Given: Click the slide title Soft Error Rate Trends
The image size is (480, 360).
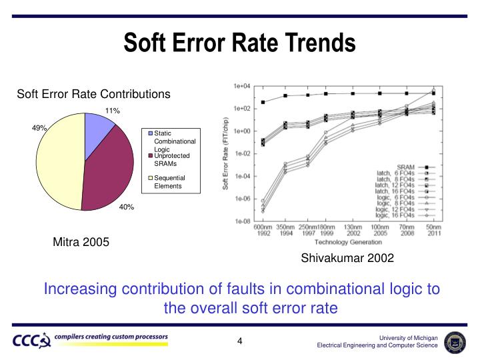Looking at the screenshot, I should [239, 43].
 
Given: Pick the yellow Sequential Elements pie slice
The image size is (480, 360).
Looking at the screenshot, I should [59, 160].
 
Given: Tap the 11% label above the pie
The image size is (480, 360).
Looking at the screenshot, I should [112, 110].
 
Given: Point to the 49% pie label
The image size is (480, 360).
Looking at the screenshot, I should [39, 128].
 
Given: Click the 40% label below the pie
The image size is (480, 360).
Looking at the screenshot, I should [127, 207].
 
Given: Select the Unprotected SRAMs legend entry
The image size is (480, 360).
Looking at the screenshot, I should [172, 159].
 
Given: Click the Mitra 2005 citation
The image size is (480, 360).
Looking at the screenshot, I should [81, 242].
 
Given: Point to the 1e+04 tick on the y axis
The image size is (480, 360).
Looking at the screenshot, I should [241, 86].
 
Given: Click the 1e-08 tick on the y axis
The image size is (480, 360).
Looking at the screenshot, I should [241, 221].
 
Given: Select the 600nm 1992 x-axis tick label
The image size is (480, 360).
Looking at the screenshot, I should [263, 230].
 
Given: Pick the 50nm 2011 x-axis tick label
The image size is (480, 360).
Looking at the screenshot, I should [435, 230].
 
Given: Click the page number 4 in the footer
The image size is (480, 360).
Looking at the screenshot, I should [239, 343].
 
